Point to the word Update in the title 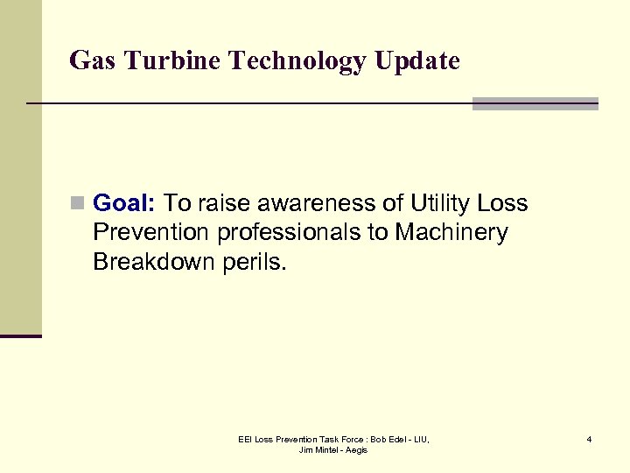[422, 61]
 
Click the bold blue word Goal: [124, 204]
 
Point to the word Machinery [451, 233]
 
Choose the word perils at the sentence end [255, 262]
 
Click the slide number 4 [589, 439]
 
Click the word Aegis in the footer [358, 450]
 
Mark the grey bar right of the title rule [535, 103]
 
